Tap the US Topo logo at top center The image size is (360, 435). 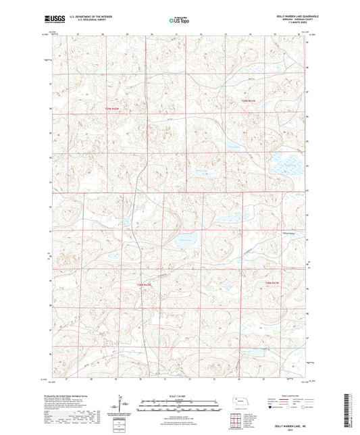click(x=178, y=21)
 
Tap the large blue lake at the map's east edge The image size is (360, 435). click(x=284, y=164)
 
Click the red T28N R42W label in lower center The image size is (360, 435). click(x=145, y=286)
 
